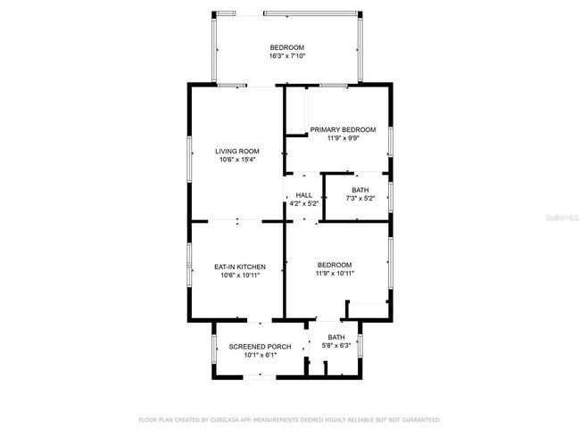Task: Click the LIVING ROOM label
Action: pos(237,152)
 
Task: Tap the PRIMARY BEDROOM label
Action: pos(343,130)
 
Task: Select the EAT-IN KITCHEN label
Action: pos(240,267)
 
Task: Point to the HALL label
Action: pos(303,195)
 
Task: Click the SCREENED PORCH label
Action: pos(260,347)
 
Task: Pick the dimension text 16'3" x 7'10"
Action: pos(287,56)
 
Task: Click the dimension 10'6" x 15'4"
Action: pos(237,160)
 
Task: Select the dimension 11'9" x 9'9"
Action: pos(344,138)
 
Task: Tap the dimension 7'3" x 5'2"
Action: pos(360,198)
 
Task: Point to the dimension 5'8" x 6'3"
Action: pos(336,346)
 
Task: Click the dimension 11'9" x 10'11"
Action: pos(335,274)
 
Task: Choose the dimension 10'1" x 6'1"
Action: pos(261,355)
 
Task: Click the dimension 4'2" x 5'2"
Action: pos(303,203)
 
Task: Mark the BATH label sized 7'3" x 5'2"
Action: pos(360,190)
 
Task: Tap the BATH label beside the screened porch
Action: pos(336,337)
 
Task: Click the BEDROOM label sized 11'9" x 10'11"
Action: pos(335,265)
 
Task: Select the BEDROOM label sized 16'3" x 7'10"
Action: pos(287,47)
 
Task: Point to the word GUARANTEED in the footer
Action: pos(421,420)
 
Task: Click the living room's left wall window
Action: pos(189,159)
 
